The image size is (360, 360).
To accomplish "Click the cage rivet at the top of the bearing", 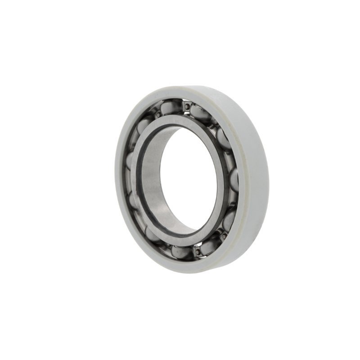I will coord(185,106).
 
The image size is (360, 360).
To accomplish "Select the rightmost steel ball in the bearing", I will coord(234,179).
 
